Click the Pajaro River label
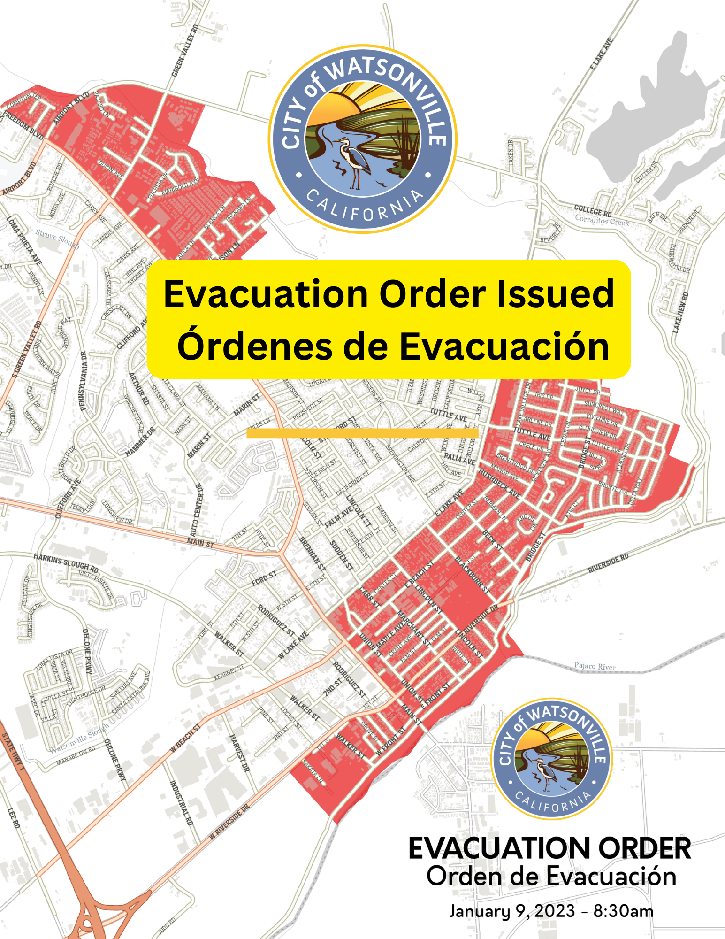[x=595, y=666]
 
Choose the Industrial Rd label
[x=181, y=803]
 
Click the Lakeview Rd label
[x=680, y=313]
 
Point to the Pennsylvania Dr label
[x=84, y=381]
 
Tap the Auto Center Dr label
[x=196, y=510]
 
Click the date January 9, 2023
[x=512, y=911]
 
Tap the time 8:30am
[x=623, y=911]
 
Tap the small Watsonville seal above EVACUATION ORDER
[x=551, y=758]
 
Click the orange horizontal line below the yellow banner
[x=362, y=433]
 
